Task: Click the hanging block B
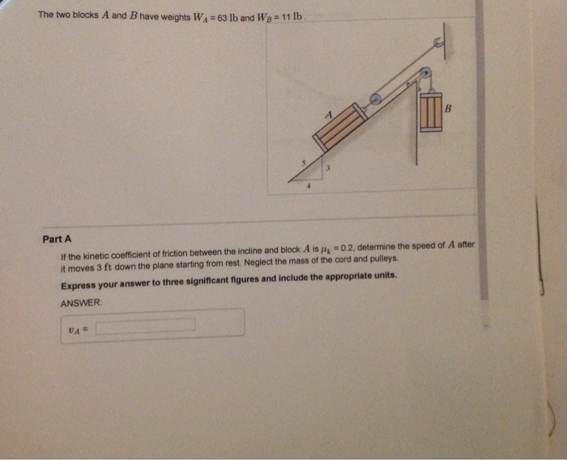pos(431,111)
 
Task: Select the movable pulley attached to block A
pos(375,100)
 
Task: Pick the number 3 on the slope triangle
pos(329,169)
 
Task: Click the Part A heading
pos(58,239)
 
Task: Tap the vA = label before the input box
pos(78,326)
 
